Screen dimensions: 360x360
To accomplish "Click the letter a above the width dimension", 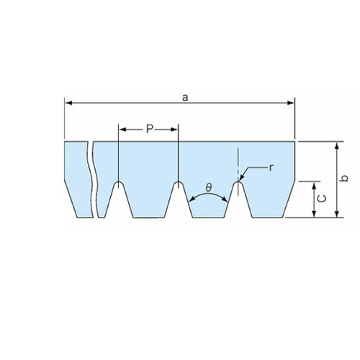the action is pos(185,98).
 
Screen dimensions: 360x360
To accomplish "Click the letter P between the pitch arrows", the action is pos(149,130).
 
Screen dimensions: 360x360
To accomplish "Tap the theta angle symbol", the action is pos(209,188).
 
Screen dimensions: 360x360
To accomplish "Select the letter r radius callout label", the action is pos(271,168).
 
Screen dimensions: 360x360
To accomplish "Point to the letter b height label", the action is pos(345,179).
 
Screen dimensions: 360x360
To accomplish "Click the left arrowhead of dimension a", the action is pos(69,103).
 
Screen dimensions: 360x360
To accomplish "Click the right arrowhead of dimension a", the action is pos(291,103).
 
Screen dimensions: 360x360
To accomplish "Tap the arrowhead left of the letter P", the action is pos(123,130).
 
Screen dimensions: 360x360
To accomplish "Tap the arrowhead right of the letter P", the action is pos(174,130).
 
